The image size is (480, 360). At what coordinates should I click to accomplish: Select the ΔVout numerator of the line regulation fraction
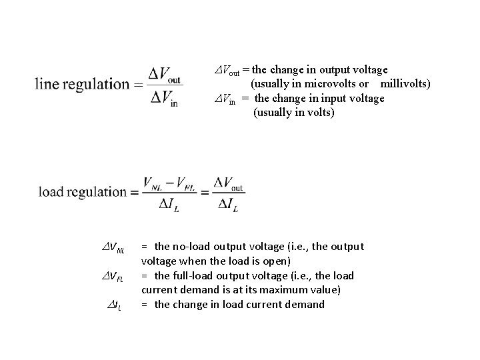pyautogui.click(x=165, y=71)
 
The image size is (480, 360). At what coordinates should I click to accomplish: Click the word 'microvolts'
pyautogui.click(x=329, y=83)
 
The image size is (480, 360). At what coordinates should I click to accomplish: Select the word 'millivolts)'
pyautogui.click(x=405, y=83)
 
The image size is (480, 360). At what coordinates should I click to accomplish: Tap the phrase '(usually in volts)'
pyautogui.click(x=293, y=112)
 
